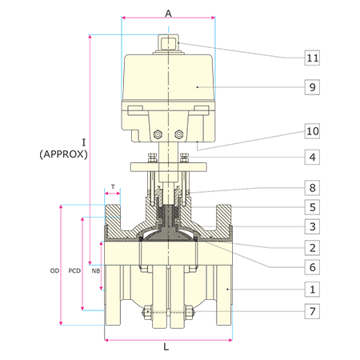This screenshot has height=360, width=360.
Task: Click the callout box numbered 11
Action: (x=312, y=58)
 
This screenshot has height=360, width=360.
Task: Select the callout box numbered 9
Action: (x=312, y=87)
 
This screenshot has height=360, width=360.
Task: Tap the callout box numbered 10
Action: (x=312, y=131)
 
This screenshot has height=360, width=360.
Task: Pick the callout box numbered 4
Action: (x=312, y=157)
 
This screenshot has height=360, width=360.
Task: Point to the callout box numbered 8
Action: (x=312, y=188)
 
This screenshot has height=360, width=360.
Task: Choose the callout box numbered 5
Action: (x=312, y=207)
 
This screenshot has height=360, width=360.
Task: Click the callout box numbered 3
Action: (x=312, y=226)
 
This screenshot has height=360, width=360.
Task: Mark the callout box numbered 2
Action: (x=312, y=248)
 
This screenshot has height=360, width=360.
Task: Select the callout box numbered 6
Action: (x=312, y=267)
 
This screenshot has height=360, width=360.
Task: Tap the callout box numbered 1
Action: (x=312, y=289)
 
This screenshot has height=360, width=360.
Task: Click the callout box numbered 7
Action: (x=312, y=311)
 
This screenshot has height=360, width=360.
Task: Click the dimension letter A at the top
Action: (x=168, y=13)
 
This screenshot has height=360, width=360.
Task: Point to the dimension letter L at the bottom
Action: (x=166, y=347)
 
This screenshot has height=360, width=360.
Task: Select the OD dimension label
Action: (x=54, y=270)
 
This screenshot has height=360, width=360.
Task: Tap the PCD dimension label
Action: (x=74, y=270)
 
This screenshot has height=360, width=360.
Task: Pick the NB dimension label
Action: (x=96, y=270)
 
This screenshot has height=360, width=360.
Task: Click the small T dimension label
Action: (x=113, y=186)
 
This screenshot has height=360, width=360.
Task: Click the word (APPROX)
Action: (x=63, y=154)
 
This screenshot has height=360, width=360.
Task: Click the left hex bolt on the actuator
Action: (x=158, y=134)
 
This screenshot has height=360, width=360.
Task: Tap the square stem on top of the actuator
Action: (x=168, y=42)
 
